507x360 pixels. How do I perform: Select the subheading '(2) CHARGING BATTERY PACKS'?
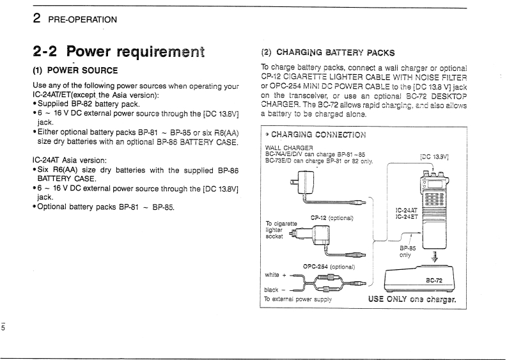(328, 52)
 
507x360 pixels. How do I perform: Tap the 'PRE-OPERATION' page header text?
(80, 19)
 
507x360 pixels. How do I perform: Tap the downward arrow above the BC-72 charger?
(435, 258)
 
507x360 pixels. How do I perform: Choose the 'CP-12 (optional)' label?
(332, 217)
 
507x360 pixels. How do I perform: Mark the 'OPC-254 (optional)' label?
(329, 266)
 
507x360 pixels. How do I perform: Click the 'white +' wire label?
(276, 274)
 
